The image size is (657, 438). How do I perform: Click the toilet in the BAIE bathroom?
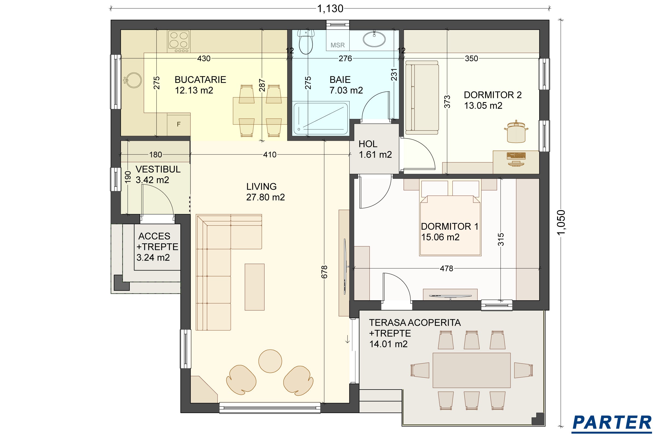306,42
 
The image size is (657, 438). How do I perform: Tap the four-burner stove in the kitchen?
179,41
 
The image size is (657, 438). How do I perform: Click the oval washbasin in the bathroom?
374,39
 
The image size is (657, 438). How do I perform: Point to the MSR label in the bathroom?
338,45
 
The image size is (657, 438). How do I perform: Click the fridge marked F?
179,124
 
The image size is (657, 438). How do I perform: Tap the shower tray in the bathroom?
321,119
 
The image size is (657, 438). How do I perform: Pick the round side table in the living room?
270,361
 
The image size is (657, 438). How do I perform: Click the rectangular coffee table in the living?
255,287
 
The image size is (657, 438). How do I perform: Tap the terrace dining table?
471,370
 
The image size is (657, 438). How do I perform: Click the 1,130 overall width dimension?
330,9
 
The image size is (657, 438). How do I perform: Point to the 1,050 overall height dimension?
561,223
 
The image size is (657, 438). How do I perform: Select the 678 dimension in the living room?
324,272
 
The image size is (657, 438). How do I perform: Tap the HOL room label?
368,144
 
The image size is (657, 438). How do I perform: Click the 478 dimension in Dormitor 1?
446,269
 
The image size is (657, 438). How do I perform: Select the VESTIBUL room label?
158,169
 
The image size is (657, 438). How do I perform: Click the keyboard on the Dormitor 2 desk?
516,155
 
